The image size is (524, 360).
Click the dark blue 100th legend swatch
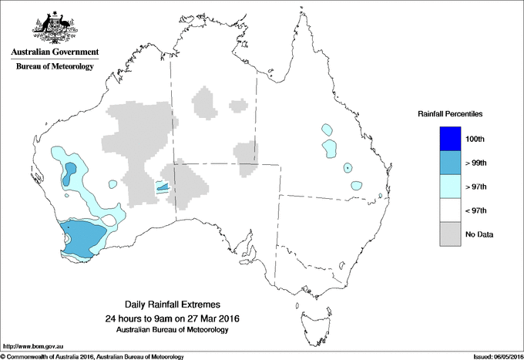[x=450, y=139]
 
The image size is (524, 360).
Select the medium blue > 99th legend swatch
[x=450, y=163]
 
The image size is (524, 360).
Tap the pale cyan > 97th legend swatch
[x=450, y=187]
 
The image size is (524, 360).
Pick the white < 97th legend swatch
[x=450, y=210]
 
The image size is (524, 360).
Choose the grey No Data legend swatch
[x=450, y=234]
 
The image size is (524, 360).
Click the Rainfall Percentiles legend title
[x=450, y=113]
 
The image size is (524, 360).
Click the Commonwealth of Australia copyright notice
[x=92, y=356]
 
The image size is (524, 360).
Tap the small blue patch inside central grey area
[x=162, y=186]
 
